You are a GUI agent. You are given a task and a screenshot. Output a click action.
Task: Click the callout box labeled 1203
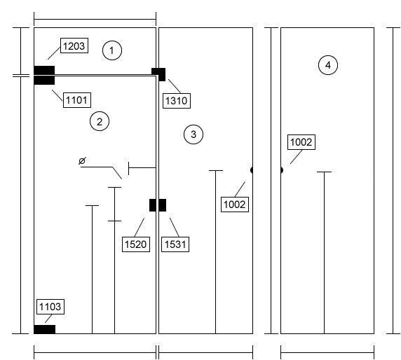(74, 46)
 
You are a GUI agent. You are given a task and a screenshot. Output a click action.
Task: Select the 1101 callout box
(77, 100)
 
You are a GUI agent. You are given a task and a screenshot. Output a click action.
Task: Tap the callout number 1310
(177, 101)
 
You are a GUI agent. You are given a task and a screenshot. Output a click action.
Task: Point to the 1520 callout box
(136, 244)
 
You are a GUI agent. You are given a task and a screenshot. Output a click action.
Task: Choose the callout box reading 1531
(175, 244)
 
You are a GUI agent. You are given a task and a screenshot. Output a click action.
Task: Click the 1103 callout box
(50, 307)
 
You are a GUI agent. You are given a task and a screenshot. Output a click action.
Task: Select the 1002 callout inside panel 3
(235, 205)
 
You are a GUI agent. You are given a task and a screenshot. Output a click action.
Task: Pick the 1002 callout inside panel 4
(301, 142)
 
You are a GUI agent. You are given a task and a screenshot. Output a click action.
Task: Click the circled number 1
(112, 50)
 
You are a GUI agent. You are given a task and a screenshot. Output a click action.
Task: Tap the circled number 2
(100, 121)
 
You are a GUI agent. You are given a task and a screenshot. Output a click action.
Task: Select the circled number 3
(193, 134)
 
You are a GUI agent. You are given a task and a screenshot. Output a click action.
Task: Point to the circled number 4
(328, 65)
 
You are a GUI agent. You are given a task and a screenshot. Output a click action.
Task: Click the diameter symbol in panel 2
(82, 160)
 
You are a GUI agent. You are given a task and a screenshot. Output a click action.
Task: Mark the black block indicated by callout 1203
(44, 70)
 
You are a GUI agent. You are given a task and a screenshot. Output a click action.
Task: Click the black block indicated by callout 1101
(44, 81)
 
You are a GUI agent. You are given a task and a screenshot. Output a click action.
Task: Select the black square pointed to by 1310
(158, 74)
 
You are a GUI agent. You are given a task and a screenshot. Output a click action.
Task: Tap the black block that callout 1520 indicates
(153, 205)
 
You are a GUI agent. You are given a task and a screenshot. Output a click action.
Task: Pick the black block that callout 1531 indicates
(163, 205)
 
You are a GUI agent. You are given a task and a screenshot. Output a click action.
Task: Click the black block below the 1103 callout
(44, 329)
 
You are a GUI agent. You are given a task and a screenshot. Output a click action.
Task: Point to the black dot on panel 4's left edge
(282, 170)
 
